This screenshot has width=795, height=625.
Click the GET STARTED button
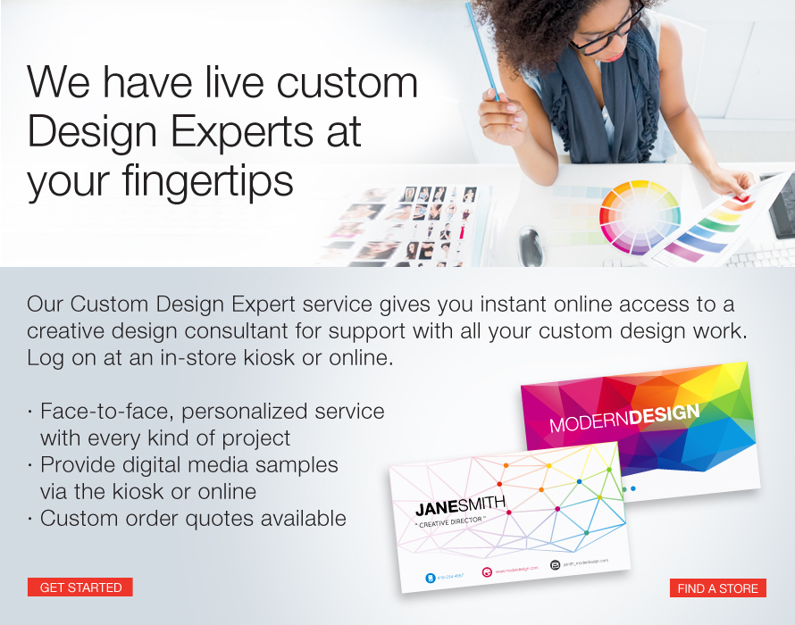tap(80, 587)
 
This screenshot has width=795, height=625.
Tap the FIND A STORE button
tap(717, 588)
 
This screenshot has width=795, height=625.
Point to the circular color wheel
tap(640, 217)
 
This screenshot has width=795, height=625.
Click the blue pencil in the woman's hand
tap(482, 54)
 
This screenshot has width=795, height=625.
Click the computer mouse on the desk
tap(531, 246)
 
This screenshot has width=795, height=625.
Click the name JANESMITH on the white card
tap(460, 506)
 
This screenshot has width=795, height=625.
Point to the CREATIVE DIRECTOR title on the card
tap(451, 522)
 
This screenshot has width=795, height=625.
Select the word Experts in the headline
tap(247, 132)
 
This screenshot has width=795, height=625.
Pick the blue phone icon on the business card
tap(430, 579)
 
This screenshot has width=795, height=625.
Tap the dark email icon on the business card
tap(555, 564)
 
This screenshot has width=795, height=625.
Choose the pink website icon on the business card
tap(487, 571)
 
